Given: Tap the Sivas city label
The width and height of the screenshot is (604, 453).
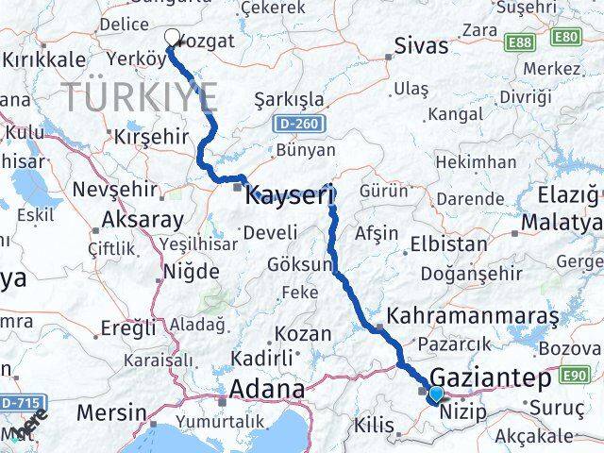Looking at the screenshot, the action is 421,45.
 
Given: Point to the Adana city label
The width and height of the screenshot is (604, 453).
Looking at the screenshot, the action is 269,389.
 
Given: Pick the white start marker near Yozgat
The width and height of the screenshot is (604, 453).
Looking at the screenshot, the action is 173,38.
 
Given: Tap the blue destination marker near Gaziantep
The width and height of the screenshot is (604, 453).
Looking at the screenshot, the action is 435,394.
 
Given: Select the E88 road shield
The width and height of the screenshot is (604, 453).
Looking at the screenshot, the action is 522,42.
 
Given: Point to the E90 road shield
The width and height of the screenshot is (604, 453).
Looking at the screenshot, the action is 578,376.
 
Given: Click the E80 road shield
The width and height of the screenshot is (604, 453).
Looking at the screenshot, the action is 565,38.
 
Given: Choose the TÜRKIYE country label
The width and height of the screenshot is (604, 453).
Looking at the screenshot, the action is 141,96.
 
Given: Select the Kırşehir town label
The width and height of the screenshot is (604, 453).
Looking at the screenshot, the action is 151,136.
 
